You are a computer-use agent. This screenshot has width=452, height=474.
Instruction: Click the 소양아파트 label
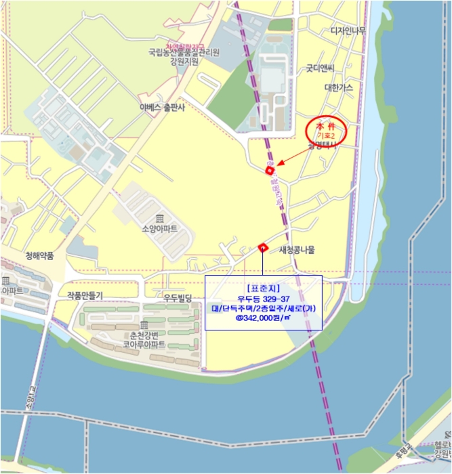161,229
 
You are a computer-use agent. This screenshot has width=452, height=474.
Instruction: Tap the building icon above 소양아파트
161,218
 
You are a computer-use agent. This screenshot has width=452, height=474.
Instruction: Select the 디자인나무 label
348,30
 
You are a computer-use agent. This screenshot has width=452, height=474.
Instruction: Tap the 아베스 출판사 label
162,107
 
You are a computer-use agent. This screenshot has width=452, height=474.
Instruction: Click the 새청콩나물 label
297,249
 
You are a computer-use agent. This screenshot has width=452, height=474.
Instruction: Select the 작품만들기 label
85,295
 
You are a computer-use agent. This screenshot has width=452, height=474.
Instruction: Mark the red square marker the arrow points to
269,170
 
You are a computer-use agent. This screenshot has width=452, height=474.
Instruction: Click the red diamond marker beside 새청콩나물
262,248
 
